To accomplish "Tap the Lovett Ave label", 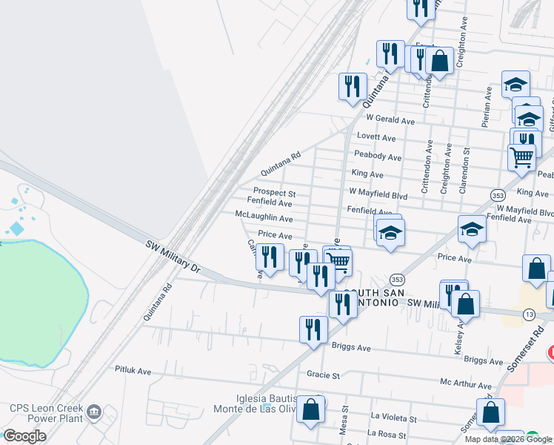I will click(376, 138).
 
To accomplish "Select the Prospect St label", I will click(275, 194).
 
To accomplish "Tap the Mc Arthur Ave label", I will click(465, 385).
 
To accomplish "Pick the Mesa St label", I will click(344, 420).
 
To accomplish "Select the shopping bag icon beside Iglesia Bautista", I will click(310, 409).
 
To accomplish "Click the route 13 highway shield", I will click(529, 315).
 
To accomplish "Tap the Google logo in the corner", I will click(24, 436).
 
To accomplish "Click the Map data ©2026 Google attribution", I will click(507, 439).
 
